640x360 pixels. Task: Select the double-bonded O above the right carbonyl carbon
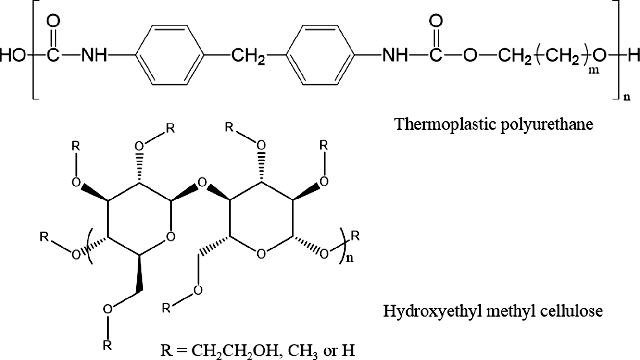[x=437, y=21]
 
